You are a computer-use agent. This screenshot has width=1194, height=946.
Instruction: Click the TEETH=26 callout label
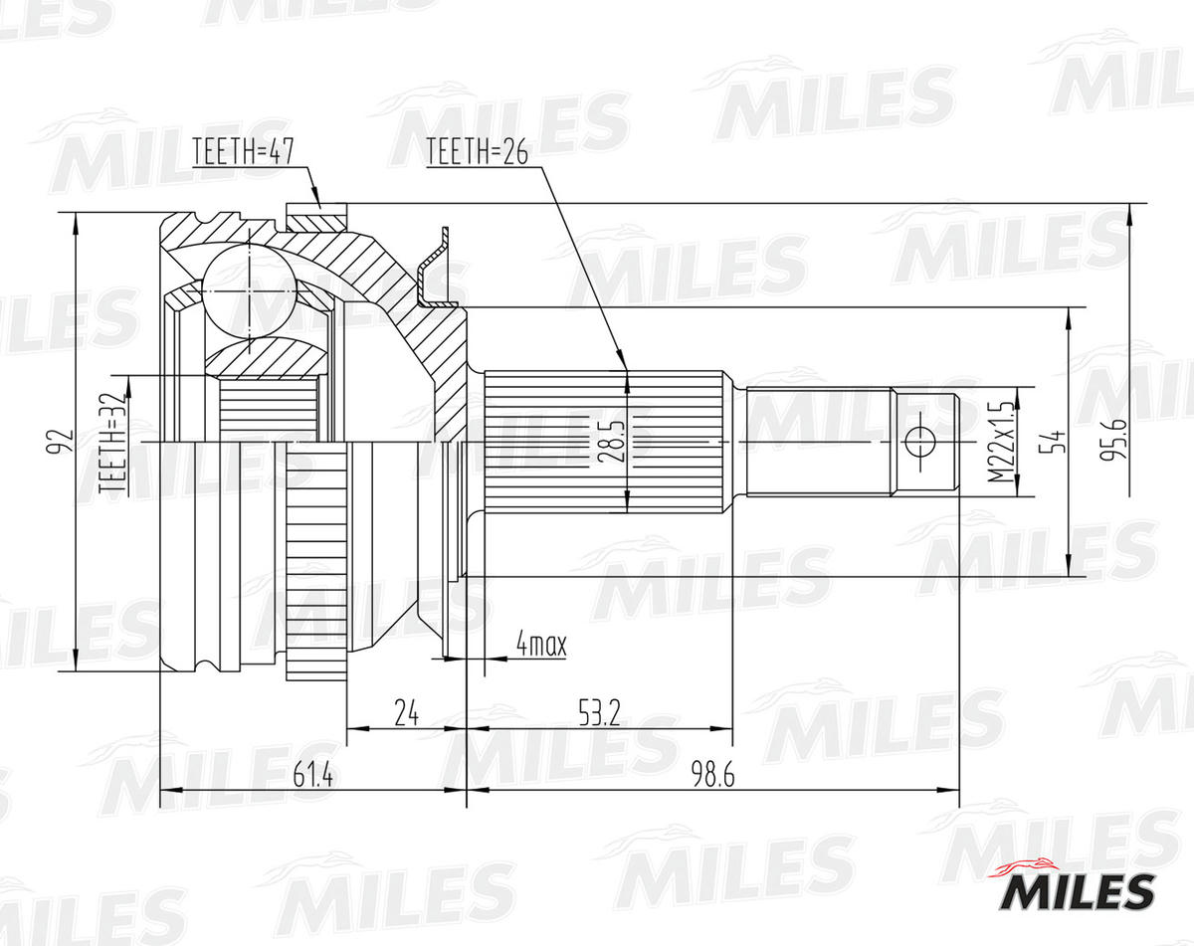point(476,151)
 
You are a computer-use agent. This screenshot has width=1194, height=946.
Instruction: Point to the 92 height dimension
point(61,441)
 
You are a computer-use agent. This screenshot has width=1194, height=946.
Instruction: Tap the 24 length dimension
point(405,712)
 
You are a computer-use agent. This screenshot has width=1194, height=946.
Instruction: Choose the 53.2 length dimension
point(598,712)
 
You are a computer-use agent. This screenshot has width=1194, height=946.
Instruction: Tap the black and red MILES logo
point(1078,888)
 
